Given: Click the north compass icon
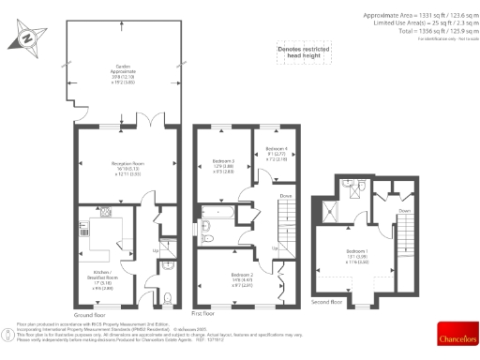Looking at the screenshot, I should click(25, 39).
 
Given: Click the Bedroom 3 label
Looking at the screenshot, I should click(222, 165).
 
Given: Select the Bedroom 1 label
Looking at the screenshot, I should click(355, 253).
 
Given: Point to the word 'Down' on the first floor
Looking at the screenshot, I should click(285, 195).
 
